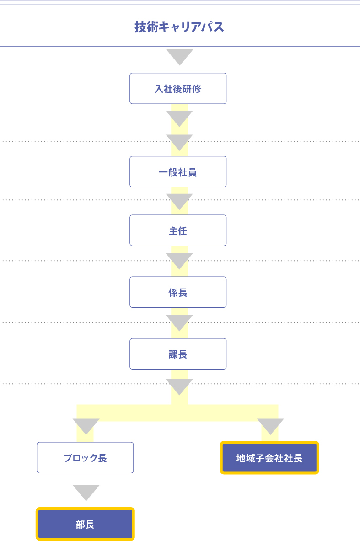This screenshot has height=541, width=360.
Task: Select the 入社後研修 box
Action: click(178, 88)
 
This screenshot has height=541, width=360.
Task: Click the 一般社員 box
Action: click(178, 172)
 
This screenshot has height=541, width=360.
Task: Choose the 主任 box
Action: click(178, 230)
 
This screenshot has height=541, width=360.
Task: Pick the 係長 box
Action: click(178, 292)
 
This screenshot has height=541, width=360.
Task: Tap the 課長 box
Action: click(178, 354)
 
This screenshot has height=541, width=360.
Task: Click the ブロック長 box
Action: click(85, 457)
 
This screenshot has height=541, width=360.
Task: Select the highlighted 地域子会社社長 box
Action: click(269, 457)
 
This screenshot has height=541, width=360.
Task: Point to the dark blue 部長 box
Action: click(85, 524)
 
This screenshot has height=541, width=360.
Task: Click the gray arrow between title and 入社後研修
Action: click(179, 57)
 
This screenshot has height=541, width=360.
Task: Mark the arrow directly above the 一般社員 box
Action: click(179, 142)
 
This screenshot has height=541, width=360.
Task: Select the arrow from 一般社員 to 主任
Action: click(179, 202)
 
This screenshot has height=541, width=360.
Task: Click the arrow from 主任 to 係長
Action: click(179, 261)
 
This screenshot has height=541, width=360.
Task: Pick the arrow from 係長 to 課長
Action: click(179, 322)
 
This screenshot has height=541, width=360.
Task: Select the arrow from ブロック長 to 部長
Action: click(86, 493)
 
